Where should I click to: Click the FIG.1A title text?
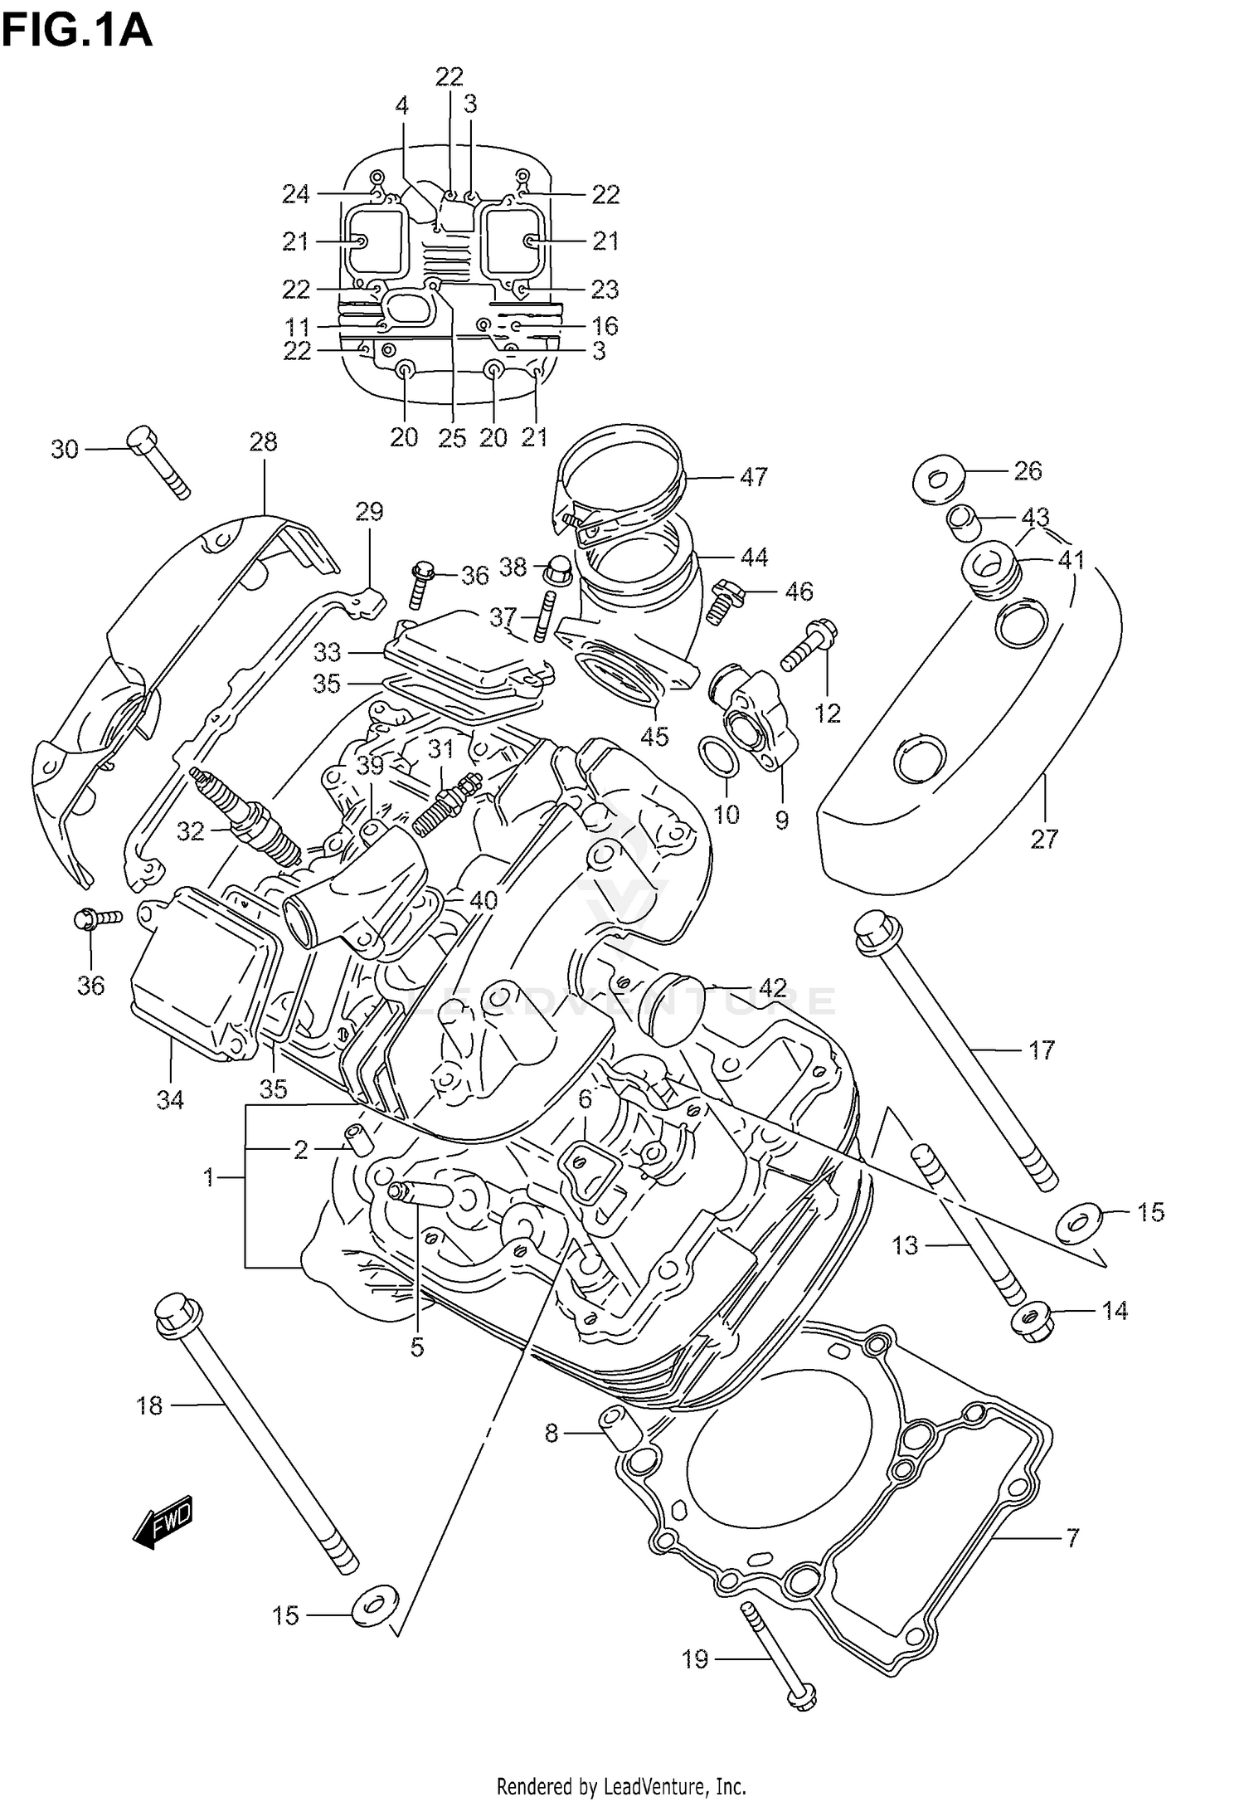pyautogui.click(x=76, y=31)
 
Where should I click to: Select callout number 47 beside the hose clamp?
pyautogui.click(x=753, y=477)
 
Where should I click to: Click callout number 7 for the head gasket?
pyautogui.click(x=1072, y=1539)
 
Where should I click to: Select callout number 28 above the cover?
pyautogui.click(x=263, y=441)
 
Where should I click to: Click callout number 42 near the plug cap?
pyautogui.click(x=772, y=988)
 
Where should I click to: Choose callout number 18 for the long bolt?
pyautogui.click(x=150, y=1405)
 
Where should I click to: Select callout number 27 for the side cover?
pyautogui.click(x=1044, y=839)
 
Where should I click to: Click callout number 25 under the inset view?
pyautogui.click(x=452, y=437)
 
